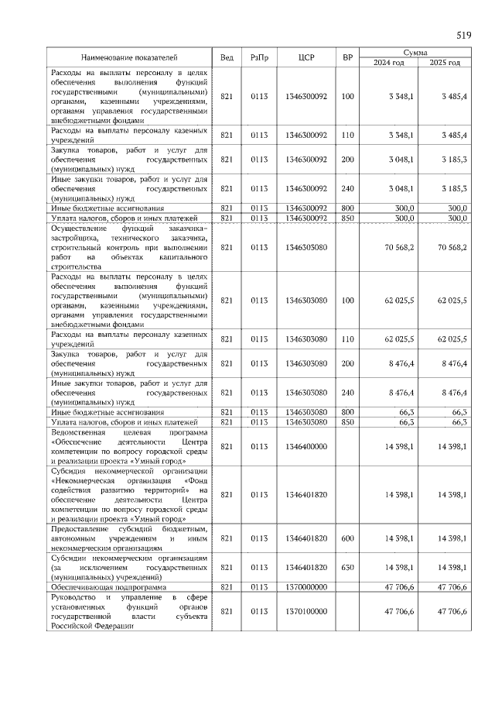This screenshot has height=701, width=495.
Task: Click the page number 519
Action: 463,36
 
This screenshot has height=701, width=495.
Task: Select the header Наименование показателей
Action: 130,57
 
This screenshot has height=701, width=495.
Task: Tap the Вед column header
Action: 227,57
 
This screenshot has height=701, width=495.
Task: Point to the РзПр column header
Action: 258,57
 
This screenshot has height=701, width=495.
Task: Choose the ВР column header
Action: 347,57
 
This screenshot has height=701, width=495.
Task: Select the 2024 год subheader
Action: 389,62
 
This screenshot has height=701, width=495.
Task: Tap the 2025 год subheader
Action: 443,62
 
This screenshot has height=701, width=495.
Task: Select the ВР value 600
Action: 347,538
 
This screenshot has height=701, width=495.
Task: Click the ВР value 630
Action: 347,568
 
